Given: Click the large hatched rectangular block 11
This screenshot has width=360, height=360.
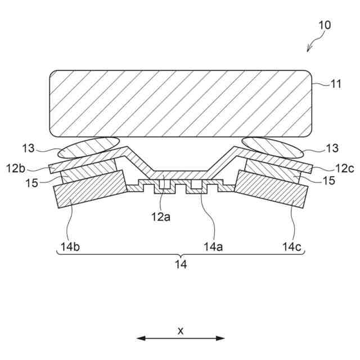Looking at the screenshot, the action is point(180,103).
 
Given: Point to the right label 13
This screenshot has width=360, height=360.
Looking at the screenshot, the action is point(332,148).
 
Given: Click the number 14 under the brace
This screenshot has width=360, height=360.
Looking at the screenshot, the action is point(180,263).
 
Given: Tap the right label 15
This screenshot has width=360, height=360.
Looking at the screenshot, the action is point(328,181).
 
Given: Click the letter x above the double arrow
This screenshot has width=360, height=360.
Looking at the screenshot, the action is point(181,331).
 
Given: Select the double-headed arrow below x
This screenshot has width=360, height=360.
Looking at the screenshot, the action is point(181,339).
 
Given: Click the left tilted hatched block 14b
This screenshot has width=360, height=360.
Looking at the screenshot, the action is point(89,191).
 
